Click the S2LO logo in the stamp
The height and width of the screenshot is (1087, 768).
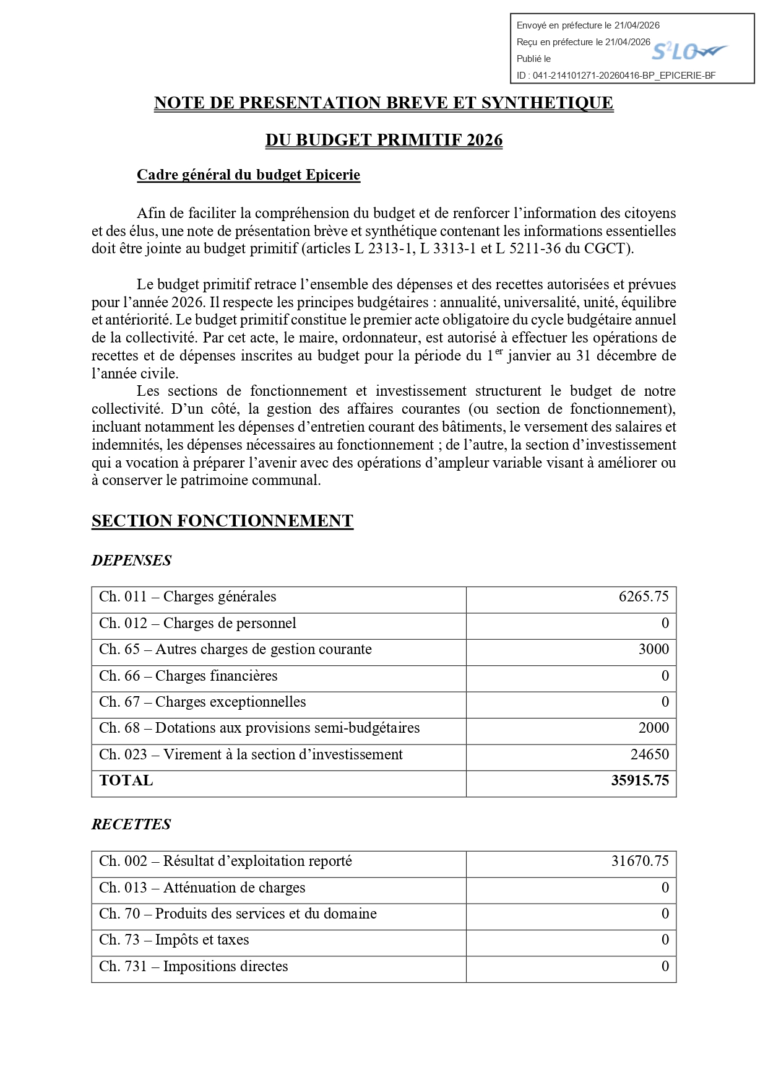689,51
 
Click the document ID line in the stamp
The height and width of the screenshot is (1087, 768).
616,76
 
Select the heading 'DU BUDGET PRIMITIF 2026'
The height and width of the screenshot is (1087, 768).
384,140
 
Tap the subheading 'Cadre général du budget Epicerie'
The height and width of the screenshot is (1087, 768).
248,175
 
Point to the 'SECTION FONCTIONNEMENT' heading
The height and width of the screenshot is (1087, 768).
222,521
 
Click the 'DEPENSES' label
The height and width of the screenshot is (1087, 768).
131,561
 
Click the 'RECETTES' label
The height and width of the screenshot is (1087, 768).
131,824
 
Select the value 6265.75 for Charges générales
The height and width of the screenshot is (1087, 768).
644,596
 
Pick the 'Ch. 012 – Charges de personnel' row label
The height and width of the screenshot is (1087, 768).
197,623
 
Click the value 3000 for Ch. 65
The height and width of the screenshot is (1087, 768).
654,649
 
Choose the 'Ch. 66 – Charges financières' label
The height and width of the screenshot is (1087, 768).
188,676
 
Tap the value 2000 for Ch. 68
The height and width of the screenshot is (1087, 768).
654,728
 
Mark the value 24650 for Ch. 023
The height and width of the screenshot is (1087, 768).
650,754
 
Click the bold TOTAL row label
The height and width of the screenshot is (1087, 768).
126,780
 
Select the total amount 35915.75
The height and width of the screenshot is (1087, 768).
640,780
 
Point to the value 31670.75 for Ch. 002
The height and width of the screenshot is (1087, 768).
640,861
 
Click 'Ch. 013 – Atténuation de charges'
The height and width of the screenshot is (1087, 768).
202,888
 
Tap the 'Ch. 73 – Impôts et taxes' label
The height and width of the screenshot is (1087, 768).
174,940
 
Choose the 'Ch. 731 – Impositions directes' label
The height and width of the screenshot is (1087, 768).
194,966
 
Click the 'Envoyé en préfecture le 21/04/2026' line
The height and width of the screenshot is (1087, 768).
588,25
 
